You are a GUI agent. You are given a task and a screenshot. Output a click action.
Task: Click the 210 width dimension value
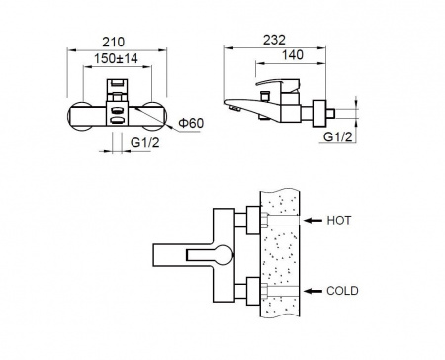pos(113,43)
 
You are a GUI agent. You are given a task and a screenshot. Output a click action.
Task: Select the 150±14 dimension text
pos(116,59)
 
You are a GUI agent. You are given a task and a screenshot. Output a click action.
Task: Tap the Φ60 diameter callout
pos(191,123)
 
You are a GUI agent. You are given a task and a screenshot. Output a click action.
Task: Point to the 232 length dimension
pos(274,40)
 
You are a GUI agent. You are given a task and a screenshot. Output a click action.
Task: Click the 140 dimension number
pos(292,55)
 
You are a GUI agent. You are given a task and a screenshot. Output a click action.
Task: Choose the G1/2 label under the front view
pos(145,143)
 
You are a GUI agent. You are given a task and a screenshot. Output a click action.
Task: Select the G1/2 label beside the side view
pos(338,136)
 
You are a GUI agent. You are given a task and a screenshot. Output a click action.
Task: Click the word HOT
pos(339,220)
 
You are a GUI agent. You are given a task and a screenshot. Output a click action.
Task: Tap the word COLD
pos(342,291)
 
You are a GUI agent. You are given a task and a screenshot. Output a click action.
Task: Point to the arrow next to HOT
pos(312,220)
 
